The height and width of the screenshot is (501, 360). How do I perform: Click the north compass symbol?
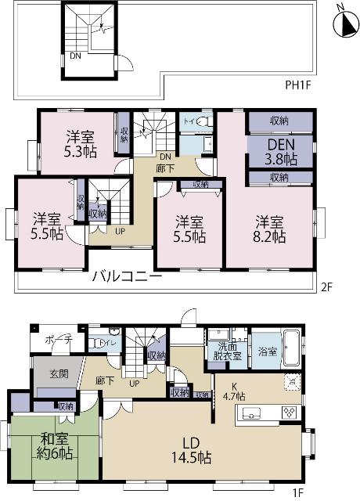(x=341, y=23)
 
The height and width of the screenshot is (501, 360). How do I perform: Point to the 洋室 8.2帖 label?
(x=268, y=229)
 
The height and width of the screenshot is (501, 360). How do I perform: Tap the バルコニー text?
(x=127, y=277)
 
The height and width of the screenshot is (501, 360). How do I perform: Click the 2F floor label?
(x=327, y=287)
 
